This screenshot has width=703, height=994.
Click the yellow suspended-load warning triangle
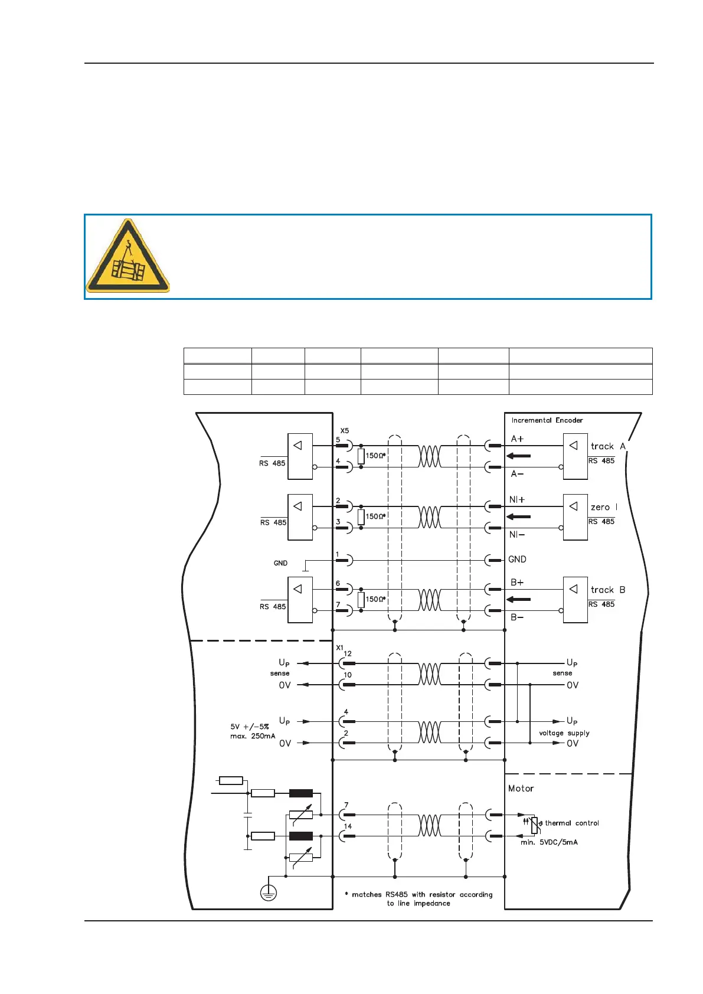pos(128,257)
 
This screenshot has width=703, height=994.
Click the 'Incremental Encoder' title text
pos(547,420)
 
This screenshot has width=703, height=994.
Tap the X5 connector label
pos(345,431)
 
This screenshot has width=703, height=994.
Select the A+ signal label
pos(517,439)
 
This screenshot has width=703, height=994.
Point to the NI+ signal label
pos(517,500)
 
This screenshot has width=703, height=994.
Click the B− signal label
pos(517,617)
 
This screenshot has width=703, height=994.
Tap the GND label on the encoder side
pos(517,560)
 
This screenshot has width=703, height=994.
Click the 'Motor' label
pos(521,789)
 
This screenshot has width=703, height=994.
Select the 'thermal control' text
pos(571,823)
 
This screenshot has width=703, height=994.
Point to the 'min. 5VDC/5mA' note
pos(549,842)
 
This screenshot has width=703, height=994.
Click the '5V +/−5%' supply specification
pos(250,727)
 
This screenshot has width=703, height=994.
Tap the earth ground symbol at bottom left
pos(269,894)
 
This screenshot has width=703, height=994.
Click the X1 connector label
pos(339,648)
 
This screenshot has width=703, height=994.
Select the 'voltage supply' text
pos(564,733)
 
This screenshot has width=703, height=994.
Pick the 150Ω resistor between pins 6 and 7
pos(361,600)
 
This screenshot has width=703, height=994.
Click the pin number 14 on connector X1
pos(348,826)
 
